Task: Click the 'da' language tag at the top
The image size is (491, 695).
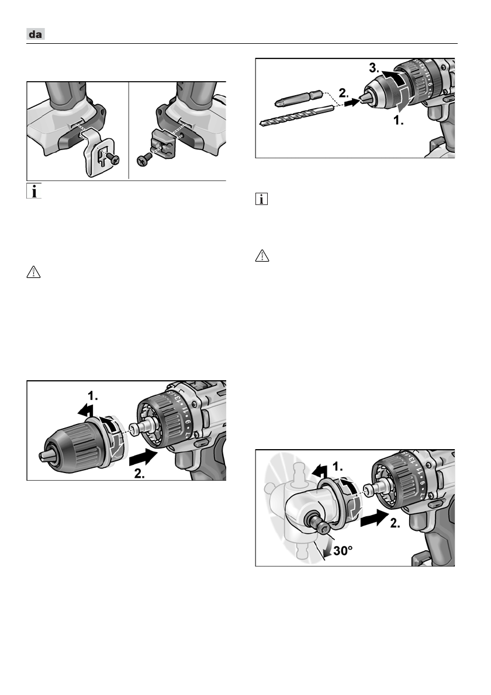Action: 36,35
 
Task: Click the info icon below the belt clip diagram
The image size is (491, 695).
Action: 36,192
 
